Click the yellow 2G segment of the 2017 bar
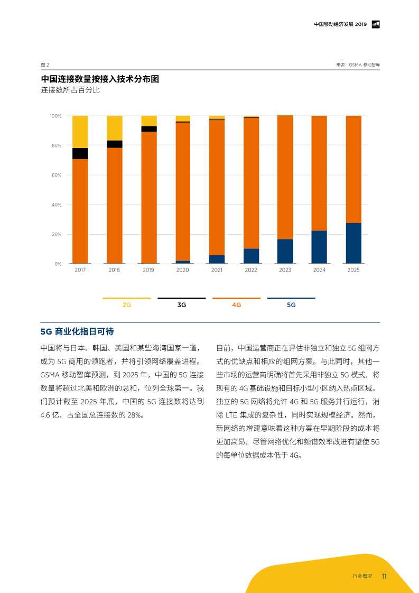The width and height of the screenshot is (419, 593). click(x=80, y=132)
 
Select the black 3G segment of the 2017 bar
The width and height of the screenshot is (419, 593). click(x=80, y=153)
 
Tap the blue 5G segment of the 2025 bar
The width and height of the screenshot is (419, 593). click(x=353, y=243)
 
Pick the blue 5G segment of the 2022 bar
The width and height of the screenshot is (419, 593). click(x=251, y=256)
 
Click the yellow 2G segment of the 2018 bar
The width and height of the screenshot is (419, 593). click(x=114, y=128)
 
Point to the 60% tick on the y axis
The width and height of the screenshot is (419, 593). click(x=56, y=175)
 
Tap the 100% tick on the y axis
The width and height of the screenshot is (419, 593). click(x=55, y=116)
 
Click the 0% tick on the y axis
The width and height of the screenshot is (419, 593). click(x=58, y=264)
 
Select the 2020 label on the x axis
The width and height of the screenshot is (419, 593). click(x=182, y=270)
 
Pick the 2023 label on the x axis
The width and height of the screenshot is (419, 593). click(x=285, y=270)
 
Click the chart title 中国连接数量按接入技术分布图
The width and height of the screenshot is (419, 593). click(x=100, y=79)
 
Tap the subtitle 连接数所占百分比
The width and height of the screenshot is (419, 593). click(x=70, y=90)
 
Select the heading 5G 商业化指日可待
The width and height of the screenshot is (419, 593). click(x=77, y=331)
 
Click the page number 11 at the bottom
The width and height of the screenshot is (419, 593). click(x=385, y=576)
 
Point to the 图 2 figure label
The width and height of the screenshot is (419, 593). click(x=45, y=64)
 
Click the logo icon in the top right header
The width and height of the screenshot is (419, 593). click(x=376, y=24)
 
